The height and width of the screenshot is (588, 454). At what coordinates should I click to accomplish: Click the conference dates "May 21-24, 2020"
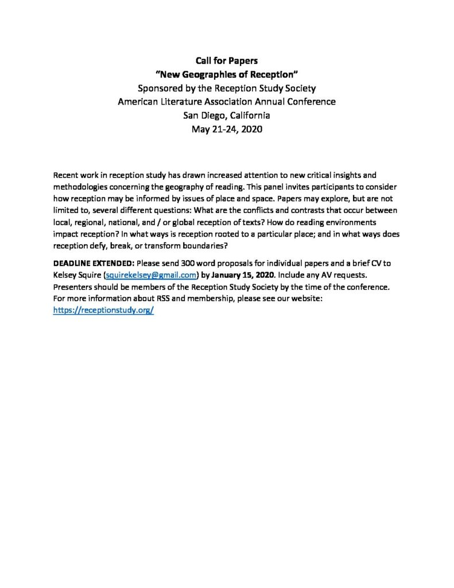click(227, 129)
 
